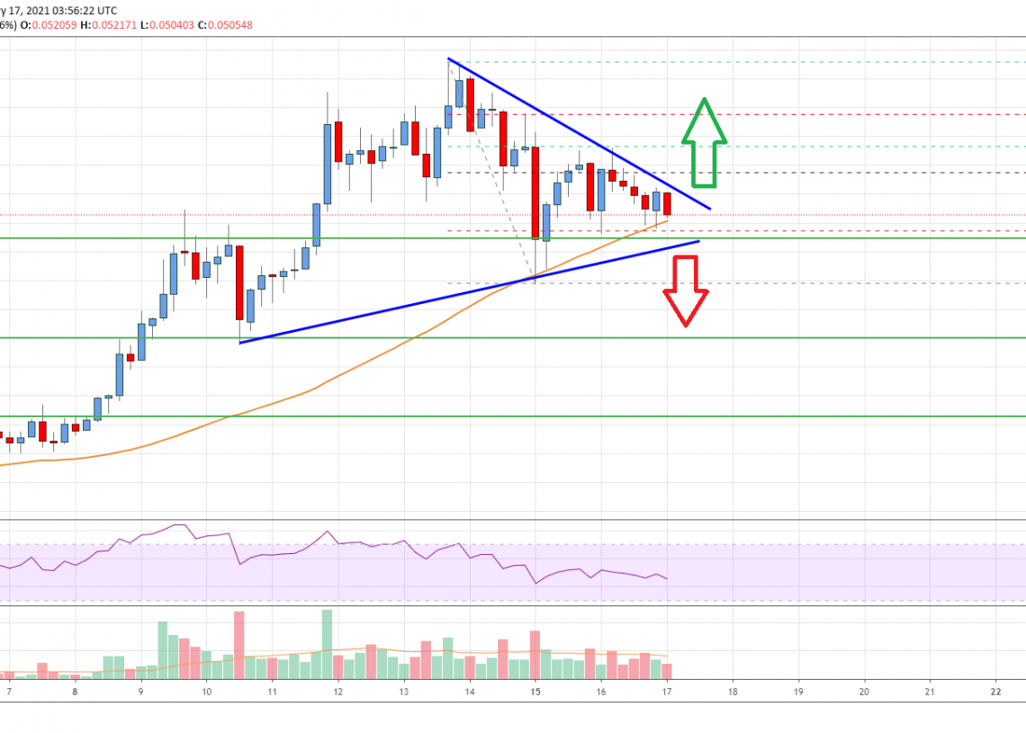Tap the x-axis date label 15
(x=535, y=692)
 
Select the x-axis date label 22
(x=994, y=692)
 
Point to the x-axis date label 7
(x=9, y=692)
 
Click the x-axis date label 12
(x=337, y=692)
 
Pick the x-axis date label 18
(x=733, y=692)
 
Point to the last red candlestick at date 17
(x=667, y=204)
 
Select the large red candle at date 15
(x=535, y=192)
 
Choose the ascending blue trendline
(x=468, y=292)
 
